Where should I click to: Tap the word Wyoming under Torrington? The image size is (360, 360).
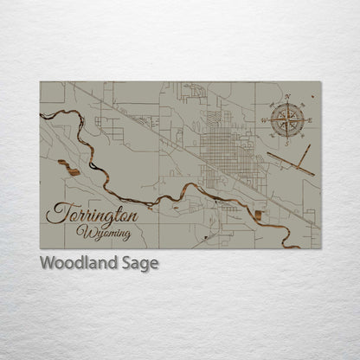[103, 233]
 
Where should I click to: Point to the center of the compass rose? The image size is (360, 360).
[286, 120]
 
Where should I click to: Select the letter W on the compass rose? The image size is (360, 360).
[264, 120]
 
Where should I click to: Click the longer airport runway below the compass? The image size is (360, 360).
[290, 163]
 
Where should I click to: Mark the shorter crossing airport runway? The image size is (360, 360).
[302, 157]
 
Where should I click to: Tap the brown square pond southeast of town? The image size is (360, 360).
[259, 214]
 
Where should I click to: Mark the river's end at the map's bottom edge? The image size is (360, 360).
[294, 247]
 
